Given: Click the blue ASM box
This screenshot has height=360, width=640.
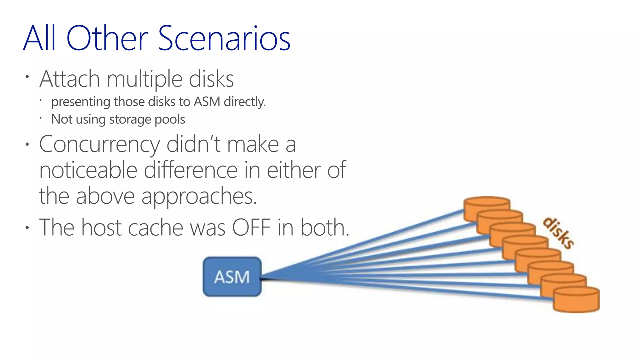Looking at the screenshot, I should pos(232,277).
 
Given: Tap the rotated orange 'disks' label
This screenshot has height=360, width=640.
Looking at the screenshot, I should pos(558,233).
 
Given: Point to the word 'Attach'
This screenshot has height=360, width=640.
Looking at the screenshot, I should pos(69,79).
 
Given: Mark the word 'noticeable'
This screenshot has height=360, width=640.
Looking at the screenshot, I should pos(88,170).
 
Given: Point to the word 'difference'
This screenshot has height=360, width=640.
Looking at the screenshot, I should pos(191,170).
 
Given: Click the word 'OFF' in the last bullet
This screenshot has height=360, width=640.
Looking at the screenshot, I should pos(251,227).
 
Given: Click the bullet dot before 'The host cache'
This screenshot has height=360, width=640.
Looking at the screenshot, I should pos(27,227).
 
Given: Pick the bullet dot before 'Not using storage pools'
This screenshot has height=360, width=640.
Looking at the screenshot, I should pos(41,118).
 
